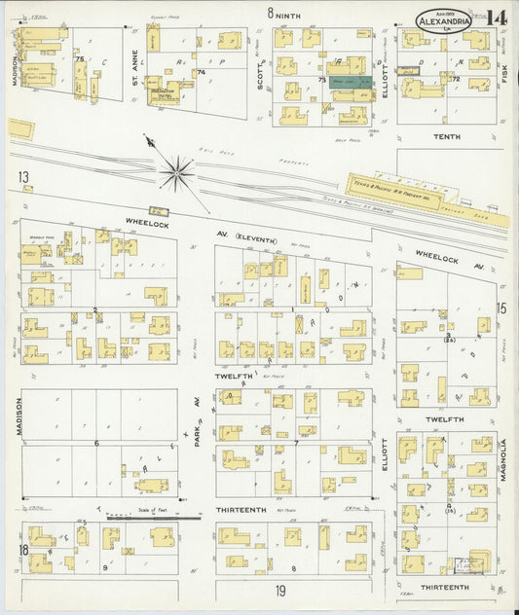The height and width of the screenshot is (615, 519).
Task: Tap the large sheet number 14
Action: pyautogui.click(x=497, y=18)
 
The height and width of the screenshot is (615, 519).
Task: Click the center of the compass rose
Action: pyautogui.click(x=177, y=173)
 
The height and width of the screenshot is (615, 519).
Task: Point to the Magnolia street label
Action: pyautogui.click(x=503, y=458)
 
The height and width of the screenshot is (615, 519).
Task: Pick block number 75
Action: pyautogui.click(x=79, y=60)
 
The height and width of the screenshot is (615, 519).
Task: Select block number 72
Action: pyautogui.click(x=455, y=78)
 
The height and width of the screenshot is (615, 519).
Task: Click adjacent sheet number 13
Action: pyautogui.click(x=21, y=177)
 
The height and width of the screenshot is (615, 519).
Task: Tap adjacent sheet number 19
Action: pyautogui.click(x=279, y=591)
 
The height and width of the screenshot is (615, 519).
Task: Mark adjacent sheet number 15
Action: pyautogui.click(x=500, y=308)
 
